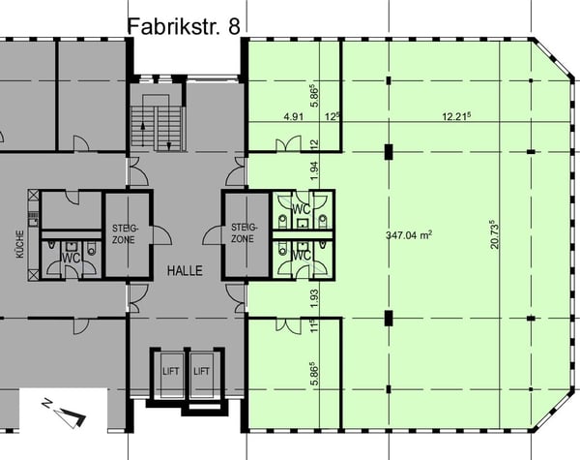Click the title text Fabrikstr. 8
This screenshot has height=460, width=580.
coord(184,26)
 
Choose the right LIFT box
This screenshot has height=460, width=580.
coord(201,371)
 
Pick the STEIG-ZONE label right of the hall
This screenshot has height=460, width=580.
coord(243,233)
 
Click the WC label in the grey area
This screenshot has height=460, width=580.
coord(72,258)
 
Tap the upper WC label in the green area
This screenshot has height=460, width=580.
coord(303,208)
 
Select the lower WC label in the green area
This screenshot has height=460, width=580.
coord(303,255)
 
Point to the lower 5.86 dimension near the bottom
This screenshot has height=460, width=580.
coord(313,371)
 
